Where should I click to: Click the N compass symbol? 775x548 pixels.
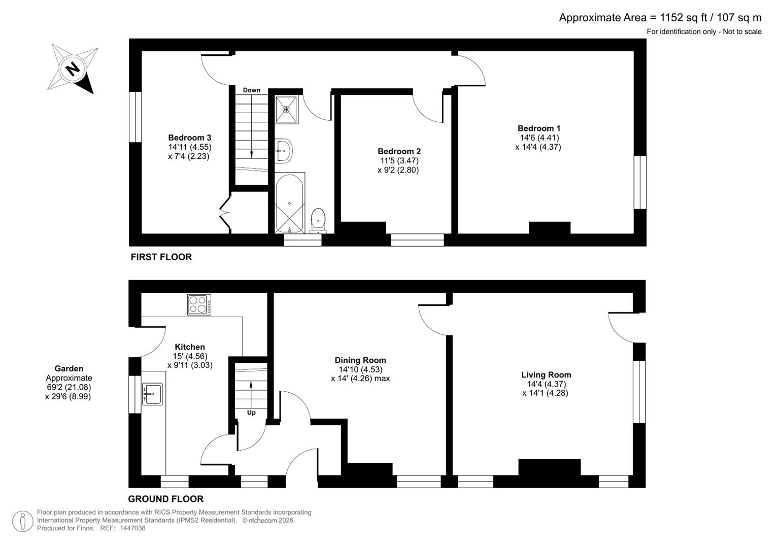coord(72,68)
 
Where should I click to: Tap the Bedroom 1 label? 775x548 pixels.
coord(538,128)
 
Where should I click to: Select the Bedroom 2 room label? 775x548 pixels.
coord(399,151)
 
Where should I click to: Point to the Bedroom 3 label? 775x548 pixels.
coord(190,138)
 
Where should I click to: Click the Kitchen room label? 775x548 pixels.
coord(190,347)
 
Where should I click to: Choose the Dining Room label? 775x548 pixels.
coord(360,360)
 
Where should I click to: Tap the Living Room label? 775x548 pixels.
coord(546,374)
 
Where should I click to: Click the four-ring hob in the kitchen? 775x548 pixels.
coord(199,304)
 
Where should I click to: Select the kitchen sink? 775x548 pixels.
coord(152,394)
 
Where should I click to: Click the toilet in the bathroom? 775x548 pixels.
coord(318,220)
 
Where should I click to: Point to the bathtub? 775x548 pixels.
coord(290,203)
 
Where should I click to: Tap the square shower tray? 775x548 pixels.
coord(286,109)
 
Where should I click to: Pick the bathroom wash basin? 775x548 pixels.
coord(284,151)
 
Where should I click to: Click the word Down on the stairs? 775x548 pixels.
coord(252,90)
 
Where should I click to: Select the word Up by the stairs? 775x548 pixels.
coord(251,413)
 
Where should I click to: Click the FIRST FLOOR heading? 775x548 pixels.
coord(161,257)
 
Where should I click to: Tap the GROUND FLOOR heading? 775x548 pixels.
coord(166,499)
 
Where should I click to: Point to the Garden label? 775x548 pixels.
coord(69,368)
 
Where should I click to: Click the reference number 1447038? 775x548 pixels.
coord(132,528)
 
